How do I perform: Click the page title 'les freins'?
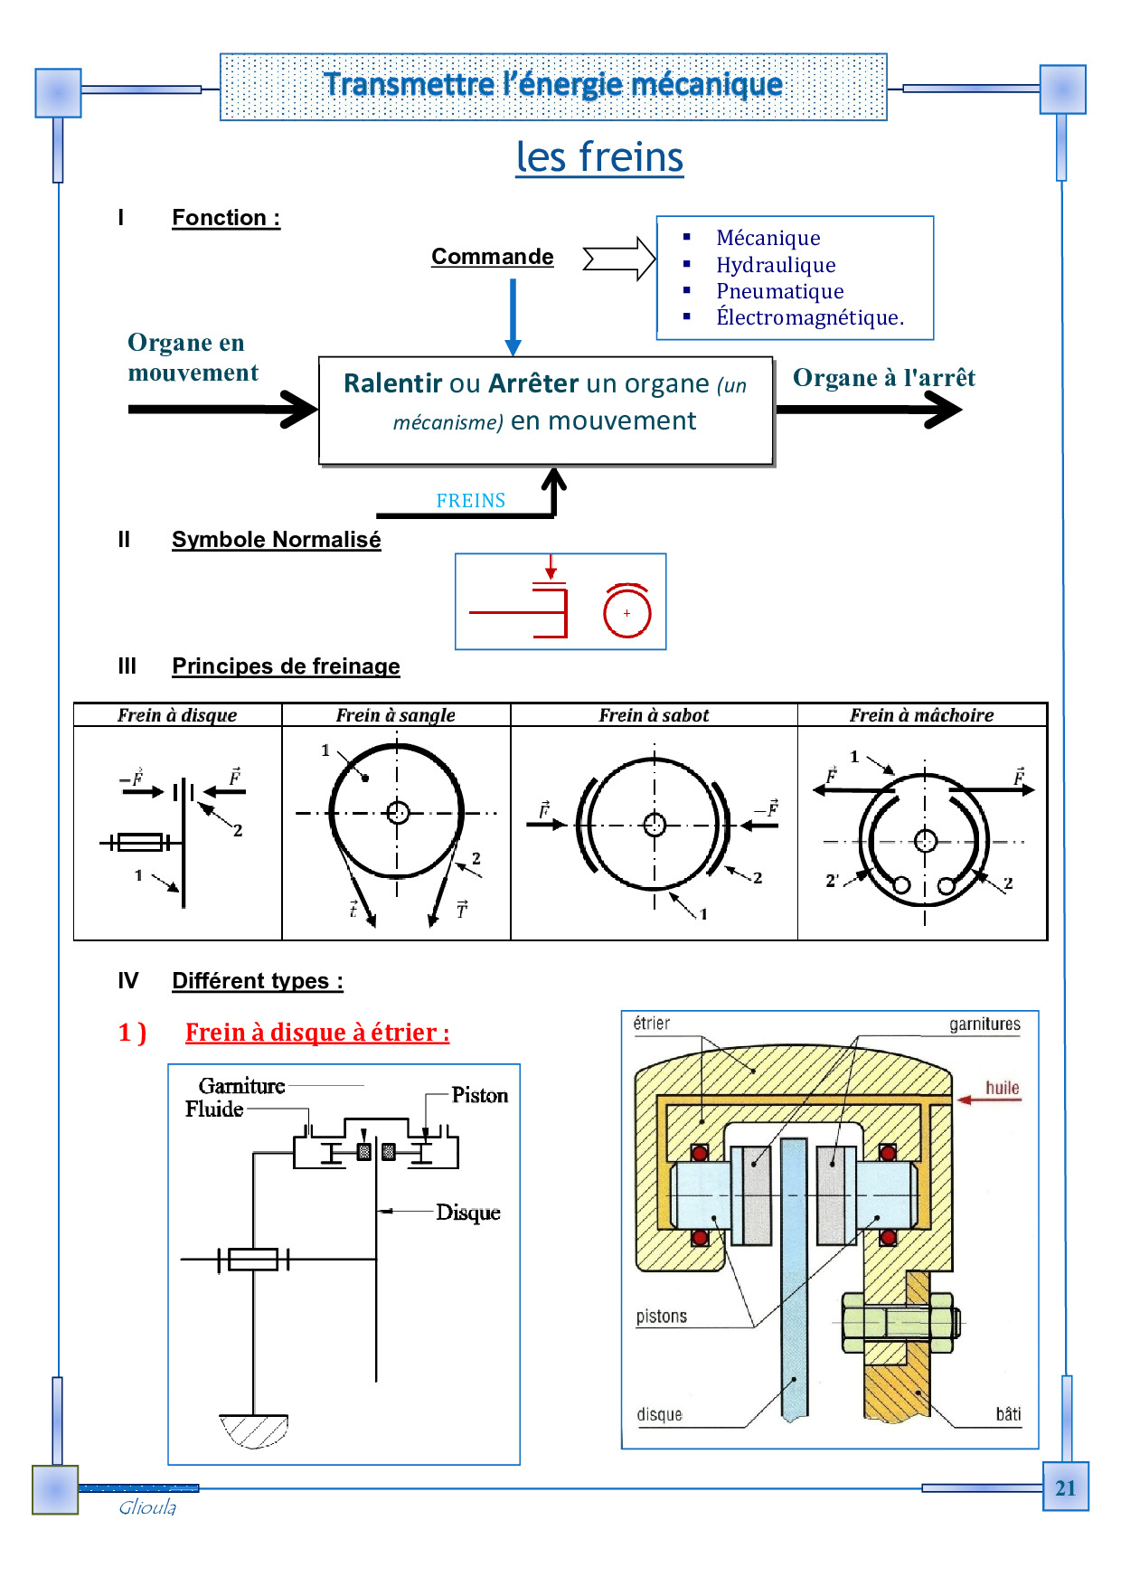tap(599, 157)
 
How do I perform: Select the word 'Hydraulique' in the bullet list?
tap(776, 265)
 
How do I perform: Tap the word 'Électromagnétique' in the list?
tap(809, 317)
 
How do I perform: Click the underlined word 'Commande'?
tap(492, 257)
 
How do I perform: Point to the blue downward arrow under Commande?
tap(513, 316)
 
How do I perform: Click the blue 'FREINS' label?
tap(470, 501)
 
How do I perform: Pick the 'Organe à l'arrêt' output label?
tap(883, 378)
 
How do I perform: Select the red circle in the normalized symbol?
tap(626, 612)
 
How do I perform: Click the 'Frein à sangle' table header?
tap(395, 715)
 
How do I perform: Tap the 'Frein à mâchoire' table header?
tap(921, 715)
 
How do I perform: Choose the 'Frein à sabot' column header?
tap(654, 715)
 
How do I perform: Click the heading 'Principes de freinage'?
tap(286, 666)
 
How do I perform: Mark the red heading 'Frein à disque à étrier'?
tap(317, 1033)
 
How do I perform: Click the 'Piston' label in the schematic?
tap(479, 1096)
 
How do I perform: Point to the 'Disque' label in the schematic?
tap(467, 1213)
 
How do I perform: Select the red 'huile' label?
tap(1002, 1088)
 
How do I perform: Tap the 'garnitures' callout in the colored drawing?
tap(984, 1024)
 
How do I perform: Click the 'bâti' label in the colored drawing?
tap(1008, 1414)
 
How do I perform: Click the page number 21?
tap(1065, 1488)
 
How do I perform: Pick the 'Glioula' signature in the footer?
tap(147, 1507)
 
